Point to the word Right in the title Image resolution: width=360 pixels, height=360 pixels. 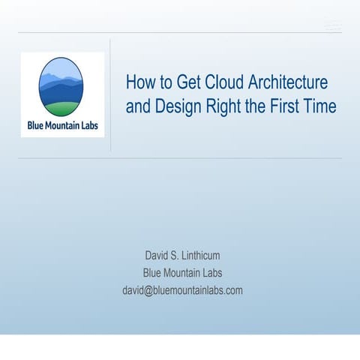(222, 106)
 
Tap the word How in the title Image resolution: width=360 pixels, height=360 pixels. (139, 82)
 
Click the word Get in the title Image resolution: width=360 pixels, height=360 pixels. (181, 82)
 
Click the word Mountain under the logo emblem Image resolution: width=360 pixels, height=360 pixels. (64, 124)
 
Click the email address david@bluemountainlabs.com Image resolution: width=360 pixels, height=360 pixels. (182, 290)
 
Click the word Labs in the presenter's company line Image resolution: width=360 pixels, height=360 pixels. (211, 273)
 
